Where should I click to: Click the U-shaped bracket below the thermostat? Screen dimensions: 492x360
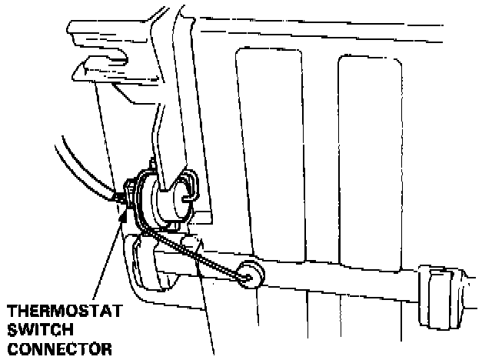pyautogui.click(x=150, y=265)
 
